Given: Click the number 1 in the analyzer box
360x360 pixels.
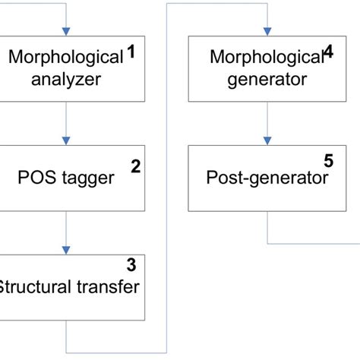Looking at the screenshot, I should (x=131, y=53).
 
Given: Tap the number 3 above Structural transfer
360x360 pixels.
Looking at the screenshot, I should (x=131, y=265).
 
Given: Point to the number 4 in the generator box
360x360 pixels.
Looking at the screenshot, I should (x=328, y=52).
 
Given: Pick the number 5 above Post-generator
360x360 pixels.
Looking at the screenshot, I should (x=328, y=161).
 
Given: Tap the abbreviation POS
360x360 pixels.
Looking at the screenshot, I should (x=34, y=179).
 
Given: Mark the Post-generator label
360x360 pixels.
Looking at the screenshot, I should (x=267, y=179).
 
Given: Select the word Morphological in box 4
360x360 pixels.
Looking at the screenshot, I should (x=266, y=58).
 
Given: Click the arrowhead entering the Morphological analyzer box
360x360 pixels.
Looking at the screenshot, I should (x=67, y=30).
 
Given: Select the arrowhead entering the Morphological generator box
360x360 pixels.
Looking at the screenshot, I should (x=266, y=30).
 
